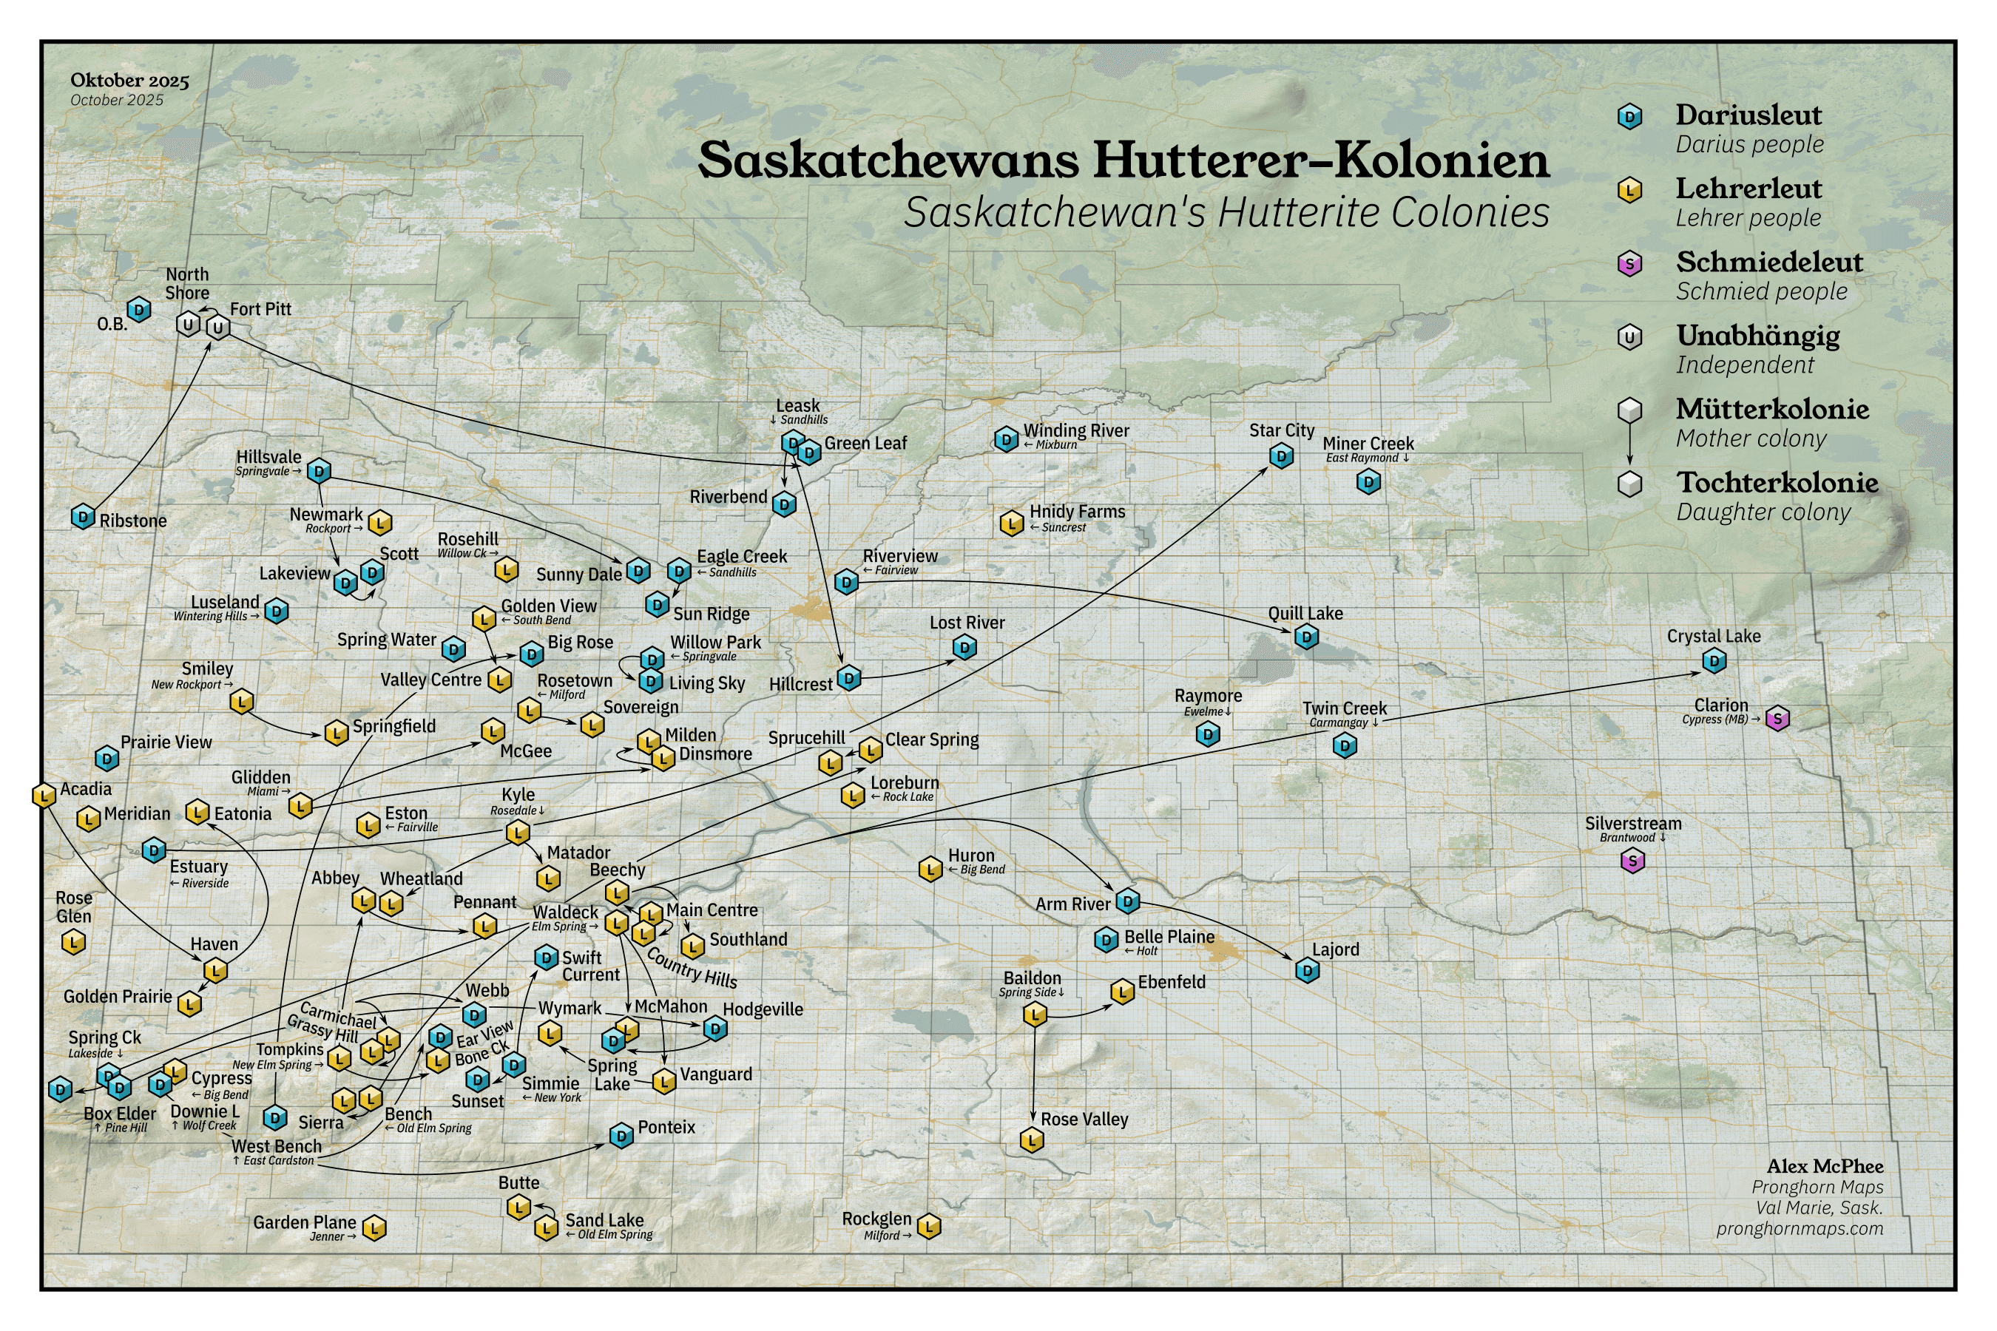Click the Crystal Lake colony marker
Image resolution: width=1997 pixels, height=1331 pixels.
point(1714,660)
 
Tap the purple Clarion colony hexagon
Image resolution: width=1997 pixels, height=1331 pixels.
point(1777,719)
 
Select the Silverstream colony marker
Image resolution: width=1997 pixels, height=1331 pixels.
point(1632,861)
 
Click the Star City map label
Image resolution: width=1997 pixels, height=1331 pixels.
point(1281,430)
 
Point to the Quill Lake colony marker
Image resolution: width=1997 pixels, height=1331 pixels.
point(1306,636)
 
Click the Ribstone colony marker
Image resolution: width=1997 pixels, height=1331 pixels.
point(82,516)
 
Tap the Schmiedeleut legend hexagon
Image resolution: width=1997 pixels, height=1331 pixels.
point(1629,264)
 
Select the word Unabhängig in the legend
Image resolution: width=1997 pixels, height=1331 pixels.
point(1757,336)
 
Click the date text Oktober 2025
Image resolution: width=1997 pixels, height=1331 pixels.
point(129,81)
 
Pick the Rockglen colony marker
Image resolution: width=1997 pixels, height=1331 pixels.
point(929,1226)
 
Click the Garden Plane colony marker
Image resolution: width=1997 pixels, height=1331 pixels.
point(374,1227)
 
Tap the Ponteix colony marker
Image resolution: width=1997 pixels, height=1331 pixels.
point(621,1135)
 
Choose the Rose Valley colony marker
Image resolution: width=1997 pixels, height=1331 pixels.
point(1032,1140)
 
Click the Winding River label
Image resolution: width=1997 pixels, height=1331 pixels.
point(1075,431)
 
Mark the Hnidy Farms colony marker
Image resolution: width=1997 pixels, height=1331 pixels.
point(1010,523)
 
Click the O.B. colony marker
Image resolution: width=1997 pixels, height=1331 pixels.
point(138,310)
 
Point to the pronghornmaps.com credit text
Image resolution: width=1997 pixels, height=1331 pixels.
point(1800,1228)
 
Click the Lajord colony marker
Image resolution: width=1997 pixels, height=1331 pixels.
point(1308,969)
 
